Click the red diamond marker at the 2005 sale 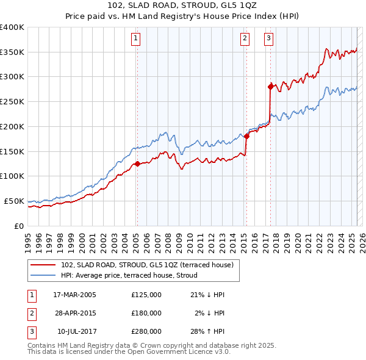click(137, 164)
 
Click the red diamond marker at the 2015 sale click(246, 136)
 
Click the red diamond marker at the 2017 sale click(270, 87)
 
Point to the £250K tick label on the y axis click(12, 102)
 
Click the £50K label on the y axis click(13, 201)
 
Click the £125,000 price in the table click(146, 295)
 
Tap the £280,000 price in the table click(146, 331)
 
